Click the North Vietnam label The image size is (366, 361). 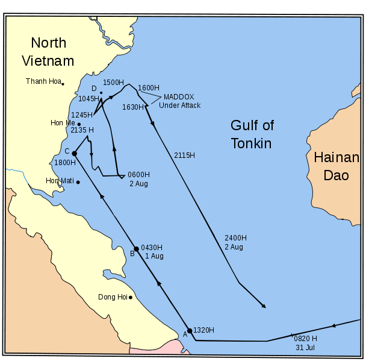[x=48, y=52]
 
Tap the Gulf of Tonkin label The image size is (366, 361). [x=252, y=134]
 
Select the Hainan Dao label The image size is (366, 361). [x=336, y=166]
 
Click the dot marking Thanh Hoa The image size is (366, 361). [x=63, y=84]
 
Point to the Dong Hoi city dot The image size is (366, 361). [x=130, y=297]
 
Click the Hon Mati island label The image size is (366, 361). [x=60, y=181]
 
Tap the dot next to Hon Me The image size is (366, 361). [x=79, y=124]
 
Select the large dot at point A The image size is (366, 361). [x=190, y=330]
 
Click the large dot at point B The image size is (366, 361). [x=136, y=249]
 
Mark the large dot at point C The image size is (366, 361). [x=74, y=154]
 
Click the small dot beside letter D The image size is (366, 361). [x=101, y=93]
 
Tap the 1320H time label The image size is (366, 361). [x=203, y=330]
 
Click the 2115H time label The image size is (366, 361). [x=184, y=155]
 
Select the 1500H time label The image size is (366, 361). [x=113, y=83]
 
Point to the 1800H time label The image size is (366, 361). [x=64, y=163]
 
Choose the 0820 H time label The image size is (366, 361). [x=305, y=339]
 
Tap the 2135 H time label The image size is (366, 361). [x=82, y=130]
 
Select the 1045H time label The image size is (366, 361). [x=88, y=98]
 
